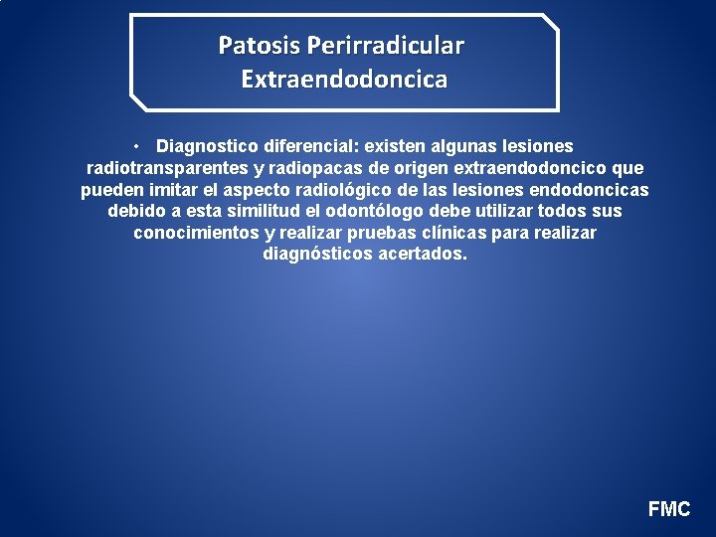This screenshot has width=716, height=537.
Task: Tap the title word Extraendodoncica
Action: [x=344, y=79]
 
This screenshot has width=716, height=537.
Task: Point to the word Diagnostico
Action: [x=205, y=146]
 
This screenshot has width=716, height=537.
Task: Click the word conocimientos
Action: [x=196, y=233]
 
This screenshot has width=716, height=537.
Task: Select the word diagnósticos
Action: [x=317, y=255]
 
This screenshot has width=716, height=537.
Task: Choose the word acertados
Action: [x=422, y=255]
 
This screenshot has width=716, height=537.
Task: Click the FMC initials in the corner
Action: [x=669, y=509]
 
